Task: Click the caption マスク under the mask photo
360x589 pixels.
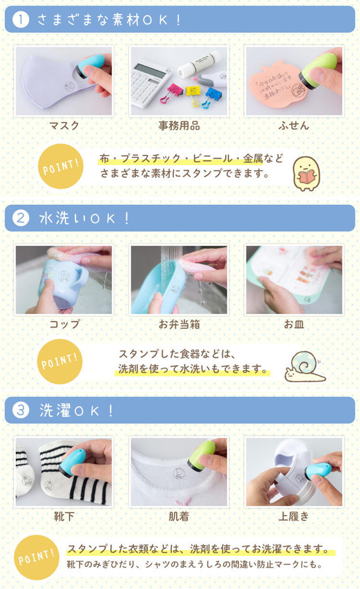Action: (63, 126)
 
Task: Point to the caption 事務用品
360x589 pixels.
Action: (179, 126)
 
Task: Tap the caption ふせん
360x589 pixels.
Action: (294, 126)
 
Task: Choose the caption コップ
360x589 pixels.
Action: (64, 324)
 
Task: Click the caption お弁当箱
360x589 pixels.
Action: (179, 324)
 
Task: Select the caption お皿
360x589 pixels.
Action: (294, 324)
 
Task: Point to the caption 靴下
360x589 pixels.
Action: (63, 516)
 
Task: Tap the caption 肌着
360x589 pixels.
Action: (179, 516)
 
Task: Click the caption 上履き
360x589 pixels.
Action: (294, 516)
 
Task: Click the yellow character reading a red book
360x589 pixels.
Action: (307, 172)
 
